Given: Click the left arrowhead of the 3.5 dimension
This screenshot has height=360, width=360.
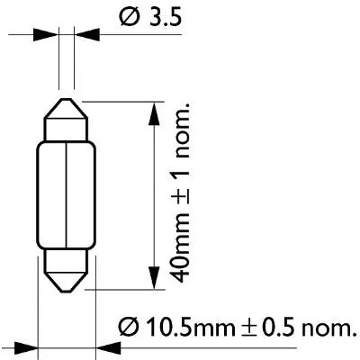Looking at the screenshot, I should [49, 36].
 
